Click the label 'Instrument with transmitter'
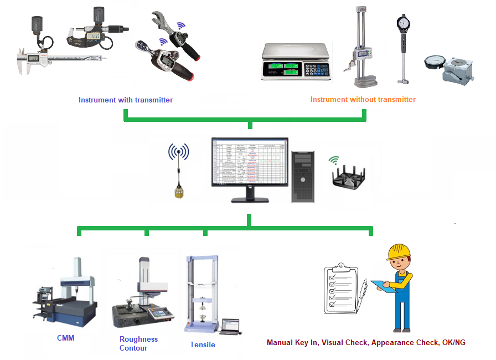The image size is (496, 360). click(126, 100)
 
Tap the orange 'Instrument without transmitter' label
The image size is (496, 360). click(363, 100)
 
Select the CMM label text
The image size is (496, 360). click(65, 338)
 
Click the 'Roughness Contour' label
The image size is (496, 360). click(138, 343)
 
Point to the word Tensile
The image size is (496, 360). click(202, 344)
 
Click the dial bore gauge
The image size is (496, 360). click(402, 47)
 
